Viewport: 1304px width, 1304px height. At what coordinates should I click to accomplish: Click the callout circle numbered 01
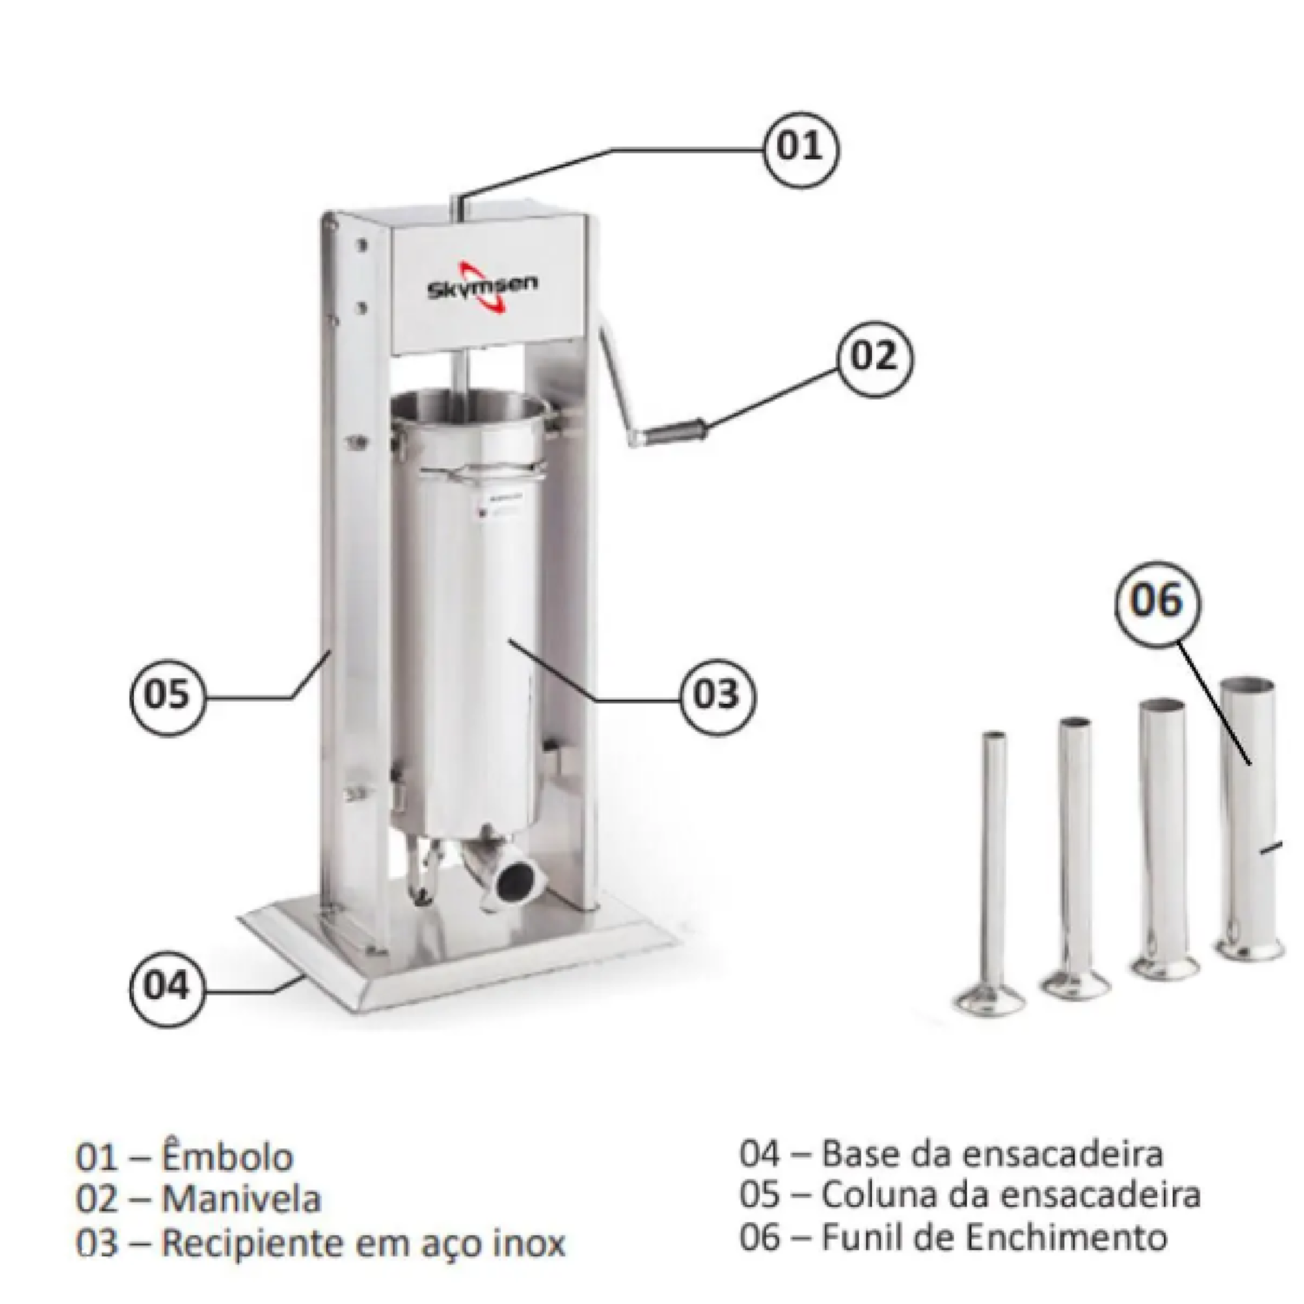(801, 147)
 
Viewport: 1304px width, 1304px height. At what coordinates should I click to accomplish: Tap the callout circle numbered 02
(874, 356)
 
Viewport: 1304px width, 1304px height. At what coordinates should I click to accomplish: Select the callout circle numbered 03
(716, 695)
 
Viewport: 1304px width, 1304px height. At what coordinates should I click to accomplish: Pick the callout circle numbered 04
(167, 987)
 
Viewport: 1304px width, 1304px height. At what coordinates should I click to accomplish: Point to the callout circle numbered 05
(167, 695)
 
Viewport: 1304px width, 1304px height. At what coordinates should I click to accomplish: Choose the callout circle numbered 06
(1157, 602)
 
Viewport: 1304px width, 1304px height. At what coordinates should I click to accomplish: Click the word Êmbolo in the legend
(228, 1157)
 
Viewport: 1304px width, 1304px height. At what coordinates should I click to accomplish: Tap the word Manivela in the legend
(242, 1200)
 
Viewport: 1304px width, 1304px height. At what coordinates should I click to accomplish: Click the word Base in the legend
(860, 1154)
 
